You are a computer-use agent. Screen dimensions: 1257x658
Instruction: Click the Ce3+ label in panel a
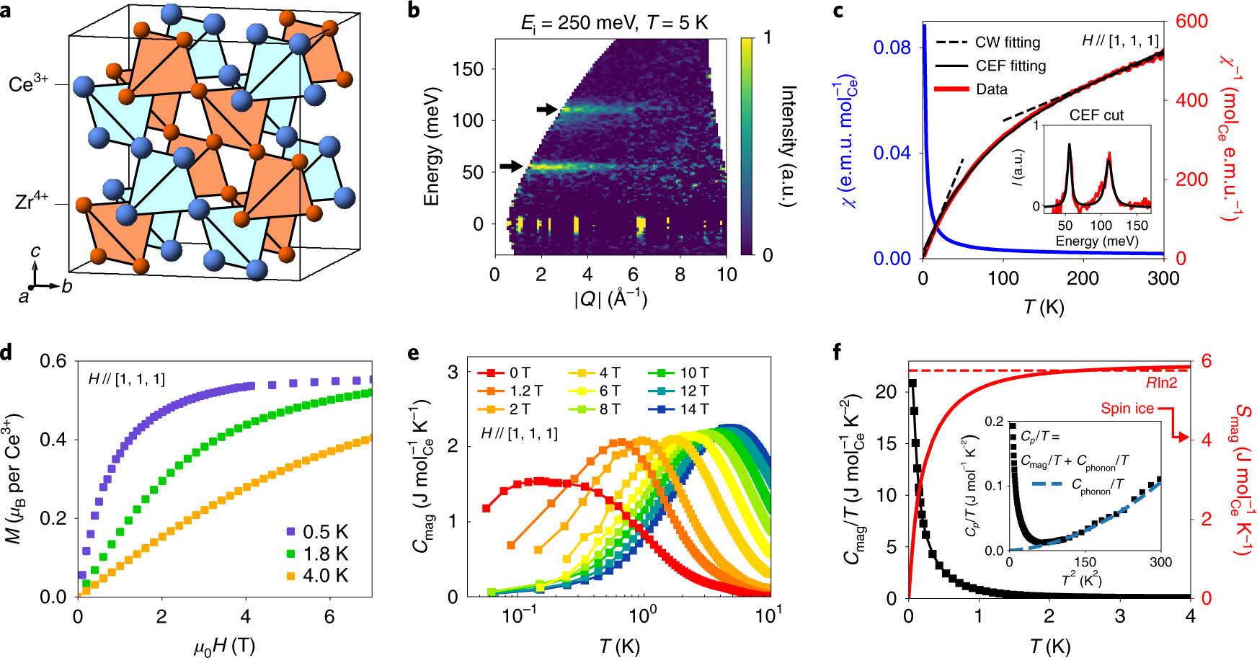pyautogui.click(x=29, y=84)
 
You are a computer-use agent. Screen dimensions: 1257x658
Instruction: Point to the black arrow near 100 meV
pyautogui.click(x=547, y=109)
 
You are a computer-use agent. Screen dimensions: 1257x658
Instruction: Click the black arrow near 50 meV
pyautogui.click(x=511, y=166)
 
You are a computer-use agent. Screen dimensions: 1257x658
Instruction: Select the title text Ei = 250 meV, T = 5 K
pyautogui.click(x=615, y=24)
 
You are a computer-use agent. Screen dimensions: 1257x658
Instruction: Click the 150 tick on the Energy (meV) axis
pyautogui.click(x=468, y=69)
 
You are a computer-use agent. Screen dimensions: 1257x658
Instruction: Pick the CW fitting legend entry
pyautogui.click(x=988, y=43)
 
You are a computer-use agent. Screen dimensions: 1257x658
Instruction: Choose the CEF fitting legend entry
pyautogui.click(x=991, y=66)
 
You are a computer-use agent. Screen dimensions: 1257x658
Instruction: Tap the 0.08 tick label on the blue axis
pyautogui.click(x=892, y=48)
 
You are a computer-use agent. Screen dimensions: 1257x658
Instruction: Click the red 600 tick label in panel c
pyautogui.click(x=1191, y=21)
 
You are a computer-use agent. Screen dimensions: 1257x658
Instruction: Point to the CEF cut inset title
pyautogui.click(x=1096, y=115)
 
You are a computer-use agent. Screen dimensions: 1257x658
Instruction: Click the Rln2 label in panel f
pyautogui.click(x=1161, y=383)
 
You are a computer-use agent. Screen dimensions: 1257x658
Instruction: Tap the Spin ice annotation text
pyautogui.click(x=1127, y=409)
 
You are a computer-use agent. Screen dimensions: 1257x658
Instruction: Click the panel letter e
pyautogui.click(x=413, y=352)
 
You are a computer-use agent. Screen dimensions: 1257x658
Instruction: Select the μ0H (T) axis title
pyautogui.click(x=224, y=646)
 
